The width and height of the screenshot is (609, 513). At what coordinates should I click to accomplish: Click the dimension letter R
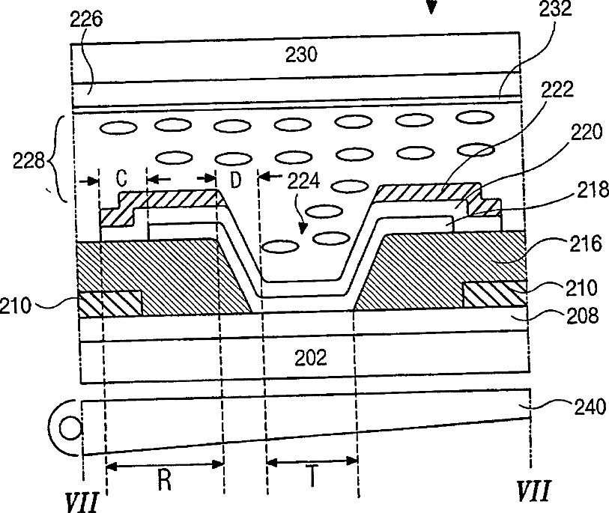[165, 480]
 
